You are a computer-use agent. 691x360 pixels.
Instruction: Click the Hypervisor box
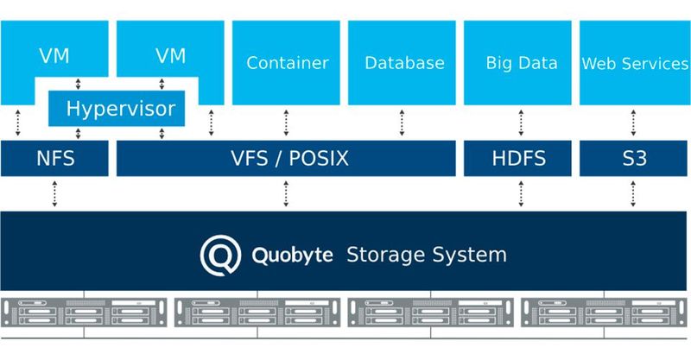(120, 109)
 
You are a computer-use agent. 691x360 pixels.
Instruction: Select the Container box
(287, 62)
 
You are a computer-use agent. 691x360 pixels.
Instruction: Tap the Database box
(403, 62)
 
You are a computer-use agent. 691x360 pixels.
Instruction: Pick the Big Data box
(521, 62)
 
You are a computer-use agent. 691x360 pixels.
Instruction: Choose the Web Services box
(633, 62)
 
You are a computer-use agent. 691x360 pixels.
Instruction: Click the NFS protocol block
(55, 159)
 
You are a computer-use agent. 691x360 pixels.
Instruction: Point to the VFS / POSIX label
(286, 159)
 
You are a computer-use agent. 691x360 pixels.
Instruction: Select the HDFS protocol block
(518, 159)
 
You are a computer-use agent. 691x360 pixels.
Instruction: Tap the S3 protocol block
(633, 159)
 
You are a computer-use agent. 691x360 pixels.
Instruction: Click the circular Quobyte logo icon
(219, 256)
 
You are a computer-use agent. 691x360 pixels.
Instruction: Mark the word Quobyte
(291, 256)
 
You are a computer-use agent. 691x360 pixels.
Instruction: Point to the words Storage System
(426, 256)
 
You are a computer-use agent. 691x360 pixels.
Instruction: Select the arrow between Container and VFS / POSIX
(286, 123)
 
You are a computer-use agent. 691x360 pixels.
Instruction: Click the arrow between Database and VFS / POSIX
(403, 123)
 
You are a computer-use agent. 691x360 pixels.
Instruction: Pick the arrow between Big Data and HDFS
(521, 123)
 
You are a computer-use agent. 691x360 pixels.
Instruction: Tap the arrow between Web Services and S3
(633, 123)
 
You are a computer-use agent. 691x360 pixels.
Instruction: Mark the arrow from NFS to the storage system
(55, 193)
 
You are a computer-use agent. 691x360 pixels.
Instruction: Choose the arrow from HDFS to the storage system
(521, 193)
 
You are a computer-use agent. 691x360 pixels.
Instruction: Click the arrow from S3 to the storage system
(633, 193)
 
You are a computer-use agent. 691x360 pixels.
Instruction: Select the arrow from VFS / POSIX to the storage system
(286, 193)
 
